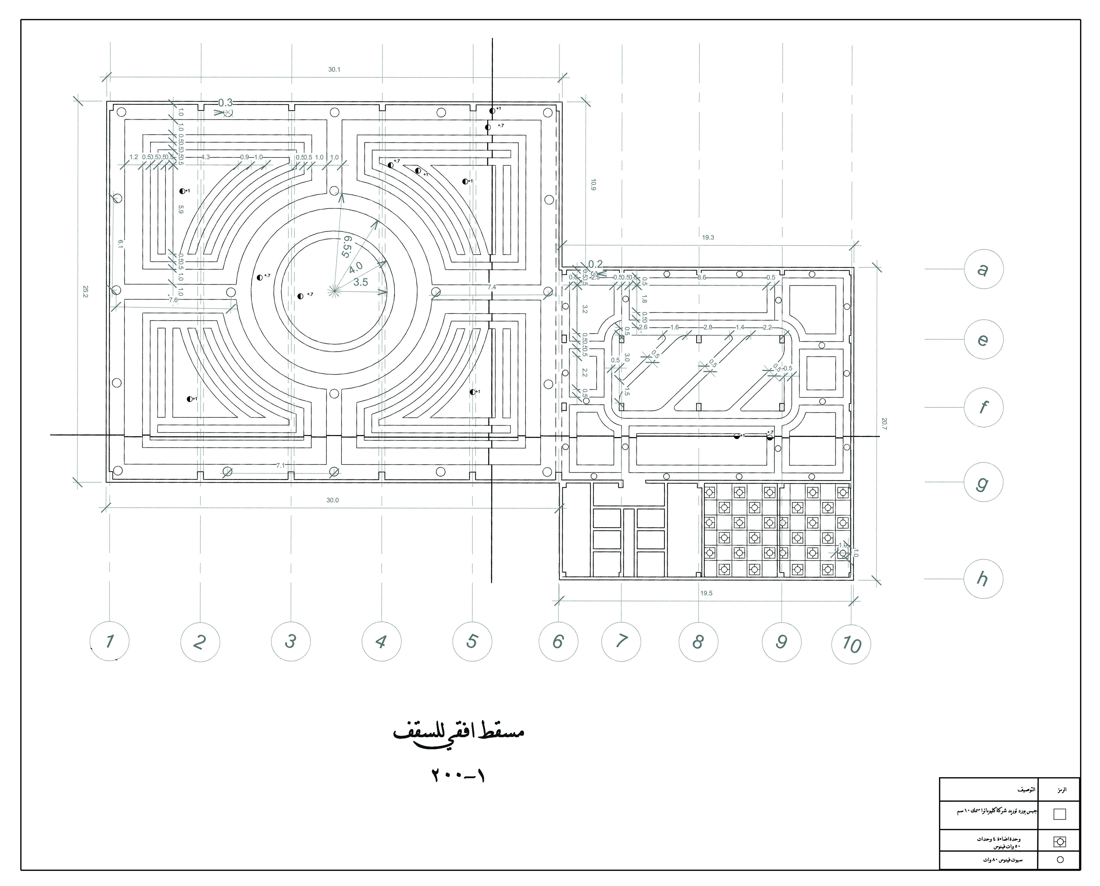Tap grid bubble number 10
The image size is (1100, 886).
tap(851, 644)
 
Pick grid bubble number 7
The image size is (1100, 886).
tap(621, 641)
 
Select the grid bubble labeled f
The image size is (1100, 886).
tap(983, 407)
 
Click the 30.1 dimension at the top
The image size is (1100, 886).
tap(334, 69)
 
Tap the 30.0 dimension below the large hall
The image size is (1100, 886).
tap(333, 500)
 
